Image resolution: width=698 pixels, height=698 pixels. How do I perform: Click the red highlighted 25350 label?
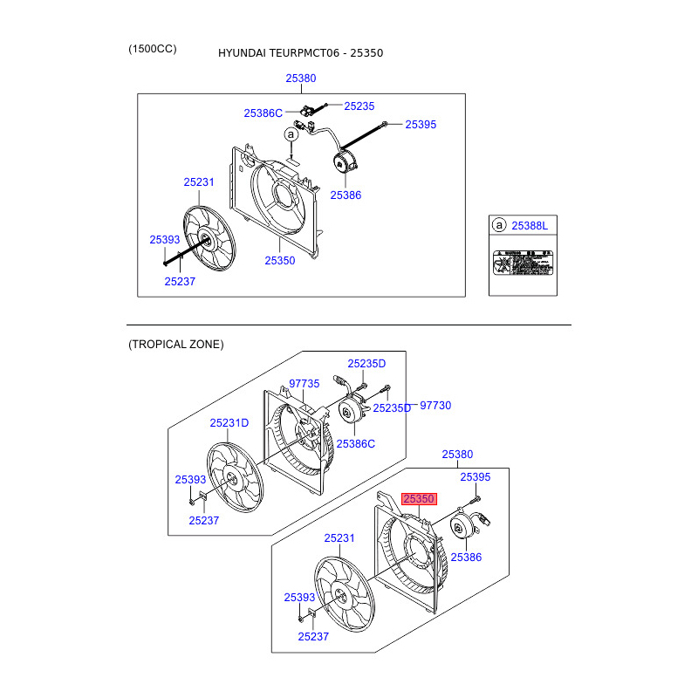418,499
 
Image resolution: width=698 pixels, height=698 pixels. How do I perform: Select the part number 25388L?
530,226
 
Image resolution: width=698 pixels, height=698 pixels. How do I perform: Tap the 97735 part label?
305,384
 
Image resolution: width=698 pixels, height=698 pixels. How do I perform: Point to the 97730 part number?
436,406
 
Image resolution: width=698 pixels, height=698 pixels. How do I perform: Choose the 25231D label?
229,423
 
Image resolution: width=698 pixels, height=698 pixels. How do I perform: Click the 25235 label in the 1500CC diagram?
359,106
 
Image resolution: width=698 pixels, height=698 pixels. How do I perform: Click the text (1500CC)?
152,49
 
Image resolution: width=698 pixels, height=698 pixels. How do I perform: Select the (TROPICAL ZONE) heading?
175,345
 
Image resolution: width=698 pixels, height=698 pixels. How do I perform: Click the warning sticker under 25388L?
523,263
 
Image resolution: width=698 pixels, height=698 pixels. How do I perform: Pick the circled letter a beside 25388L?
499,226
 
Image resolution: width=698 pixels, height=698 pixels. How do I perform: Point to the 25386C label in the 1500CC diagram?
263,113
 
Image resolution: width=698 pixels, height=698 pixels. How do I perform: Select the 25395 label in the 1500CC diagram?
421,125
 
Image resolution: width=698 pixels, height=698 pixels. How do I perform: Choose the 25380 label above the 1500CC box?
301,79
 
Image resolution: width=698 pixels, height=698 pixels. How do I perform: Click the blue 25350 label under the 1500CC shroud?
280,261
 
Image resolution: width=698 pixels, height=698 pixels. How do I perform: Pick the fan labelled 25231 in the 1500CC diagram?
205,240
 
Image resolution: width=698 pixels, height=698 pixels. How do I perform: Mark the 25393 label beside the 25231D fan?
189,480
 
